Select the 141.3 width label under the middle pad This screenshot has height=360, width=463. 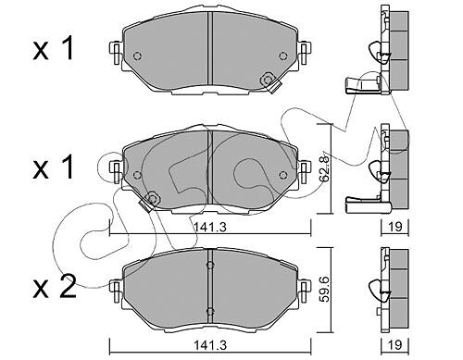[x=210, y=228]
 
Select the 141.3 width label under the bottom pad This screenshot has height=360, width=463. [x=210, y=345]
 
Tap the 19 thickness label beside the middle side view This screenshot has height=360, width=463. [x=394, y=227]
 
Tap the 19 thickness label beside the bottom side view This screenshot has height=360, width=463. [x=394, y=344]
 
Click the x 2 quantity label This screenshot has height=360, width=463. [x=54, y=287]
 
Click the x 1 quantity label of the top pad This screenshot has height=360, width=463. [x=53, y=48]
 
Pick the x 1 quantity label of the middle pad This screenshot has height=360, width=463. [x=53, y=168]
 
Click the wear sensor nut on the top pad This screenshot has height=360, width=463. [x=267, y=80]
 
